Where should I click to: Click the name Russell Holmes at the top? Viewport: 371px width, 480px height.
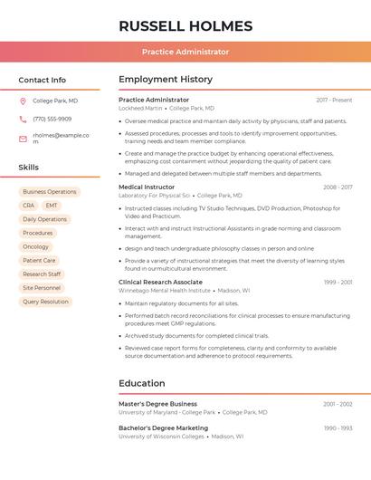pos(185,24)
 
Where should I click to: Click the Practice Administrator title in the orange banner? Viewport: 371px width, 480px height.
pos(185,53)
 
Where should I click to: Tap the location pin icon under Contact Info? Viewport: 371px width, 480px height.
pos(23,101)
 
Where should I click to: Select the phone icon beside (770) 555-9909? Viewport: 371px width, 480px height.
pos(23,120)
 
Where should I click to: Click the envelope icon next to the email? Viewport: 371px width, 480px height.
pos(23,139)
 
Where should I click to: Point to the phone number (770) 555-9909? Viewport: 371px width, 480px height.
pos(52,120)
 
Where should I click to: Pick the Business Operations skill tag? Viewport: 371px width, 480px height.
pos(50,192)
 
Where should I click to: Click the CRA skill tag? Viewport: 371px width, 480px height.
pos(29,206)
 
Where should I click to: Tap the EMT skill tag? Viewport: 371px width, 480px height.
pos(52,206)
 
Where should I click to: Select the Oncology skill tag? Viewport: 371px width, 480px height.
pos(36,246)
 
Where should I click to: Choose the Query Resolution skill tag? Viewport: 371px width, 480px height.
pos(45,302)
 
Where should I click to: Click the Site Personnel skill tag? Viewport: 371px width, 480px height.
pos(42,288)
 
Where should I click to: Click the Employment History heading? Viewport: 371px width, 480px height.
pos(166,80)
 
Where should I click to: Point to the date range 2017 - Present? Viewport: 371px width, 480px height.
pos(334,101)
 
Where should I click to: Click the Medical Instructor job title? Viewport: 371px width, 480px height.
pos(147,187)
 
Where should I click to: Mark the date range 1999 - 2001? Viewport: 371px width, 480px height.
pos(338,283)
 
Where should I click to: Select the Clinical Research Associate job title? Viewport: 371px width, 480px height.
pos(160,283)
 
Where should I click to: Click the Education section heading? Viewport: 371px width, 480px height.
pos(141,383)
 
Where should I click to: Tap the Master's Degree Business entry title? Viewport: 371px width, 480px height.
pos(157,404)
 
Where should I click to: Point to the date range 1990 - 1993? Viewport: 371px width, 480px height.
pos(338,428)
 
